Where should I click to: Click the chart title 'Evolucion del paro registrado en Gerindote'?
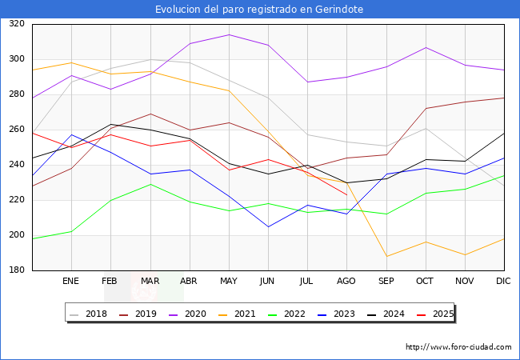pos(259,9)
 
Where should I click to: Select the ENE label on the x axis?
pos(71,282)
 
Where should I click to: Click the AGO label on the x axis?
pos(346,282)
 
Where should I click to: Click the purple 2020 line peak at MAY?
pos(229,34)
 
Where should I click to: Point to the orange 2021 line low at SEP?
pos(386,256)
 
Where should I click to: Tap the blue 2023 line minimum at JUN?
pos(268,226)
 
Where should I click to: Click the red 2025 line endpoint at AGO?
pos(346,194)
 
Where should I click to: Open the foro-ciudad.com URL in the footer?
pos(458,347)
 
